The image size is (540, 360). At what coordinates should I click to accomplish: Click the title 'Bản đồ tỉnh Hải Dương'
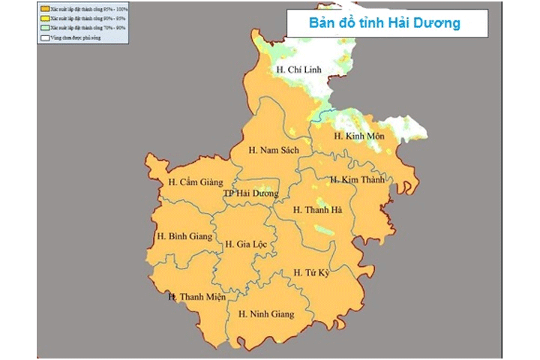click(x=385, y=23)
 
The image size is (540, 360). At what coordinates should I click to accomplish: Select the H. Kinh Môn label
click(x=359, y=136)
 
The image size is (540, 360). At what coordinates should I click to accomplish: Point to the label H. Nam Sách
click(x=274, y=150)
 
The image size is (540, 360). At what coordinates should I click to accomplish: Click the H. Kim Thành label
click(x=357, y=180)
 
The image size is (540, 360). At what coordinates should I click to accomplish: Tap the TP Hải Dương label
click(x=250, y=193)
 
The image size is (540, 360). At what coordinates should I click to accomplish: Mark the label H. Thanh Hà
click(x=317, y=209)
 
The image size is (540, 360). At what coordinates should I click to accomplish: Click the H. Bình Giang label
click(x=184, y=236)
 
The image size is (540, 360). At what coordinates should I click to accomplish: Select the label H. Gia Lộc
click(x=246, y=244)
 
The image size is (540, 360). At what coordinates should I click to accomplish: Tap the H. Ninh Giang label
click(x=265, y=313)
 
